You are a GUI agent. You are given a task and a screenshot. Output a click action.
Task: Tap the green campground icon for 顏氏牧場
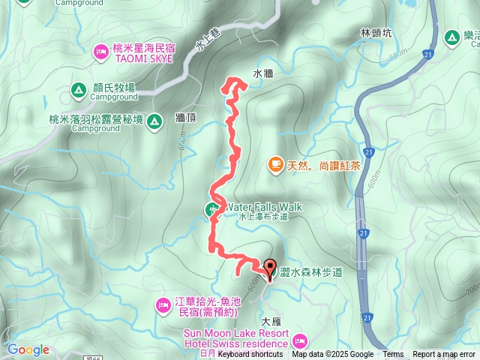tap(77, 91)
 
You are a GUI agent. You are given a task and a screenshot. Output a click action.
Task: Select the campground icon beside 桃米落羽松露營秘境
tap(154, 120)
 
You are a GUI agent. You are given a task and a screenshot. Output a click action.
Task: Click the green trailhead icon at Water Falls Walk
tap(212, 209)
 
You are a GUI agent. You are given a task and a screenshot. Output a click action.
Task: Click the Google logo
tap(28, 349)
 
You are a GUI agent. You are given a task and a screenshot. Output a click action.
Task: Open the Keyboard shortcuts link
tap(250, 355)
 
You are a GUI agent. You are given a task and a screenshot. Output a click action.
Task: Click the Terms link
tap(393, 355)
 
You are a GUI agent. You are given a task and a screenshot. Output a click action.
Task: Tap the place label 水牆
tap(262, 74)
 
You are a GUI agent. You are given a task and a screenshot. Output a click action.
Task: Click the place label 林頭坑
tap(376, 33)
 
